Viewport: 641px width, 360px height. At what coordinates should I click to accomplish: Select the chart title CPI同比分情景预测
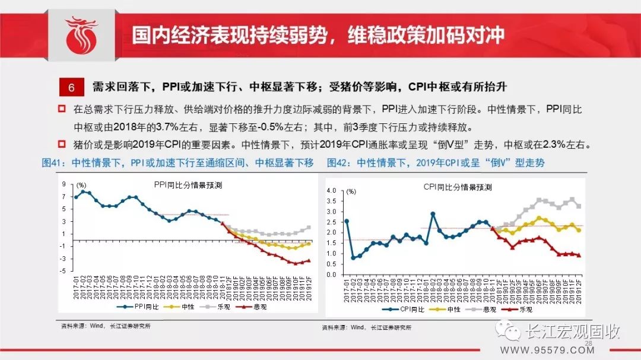pos(457,187)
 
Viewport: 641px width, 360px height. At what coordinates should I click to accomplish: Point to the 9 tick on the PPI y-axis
pos(63,184)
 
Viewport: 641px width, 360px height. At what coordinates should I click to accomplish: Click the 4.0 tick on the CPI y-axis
pos(332,191)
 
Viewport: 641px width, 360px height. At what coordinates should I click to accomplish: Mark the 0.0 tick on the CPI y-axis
pos(332,275)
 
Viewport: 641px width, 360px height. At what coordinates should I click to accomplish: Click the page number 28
pos(589,344)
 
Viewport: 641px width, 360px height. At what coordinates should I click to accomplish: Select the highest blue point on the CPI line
pos(433,214)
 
